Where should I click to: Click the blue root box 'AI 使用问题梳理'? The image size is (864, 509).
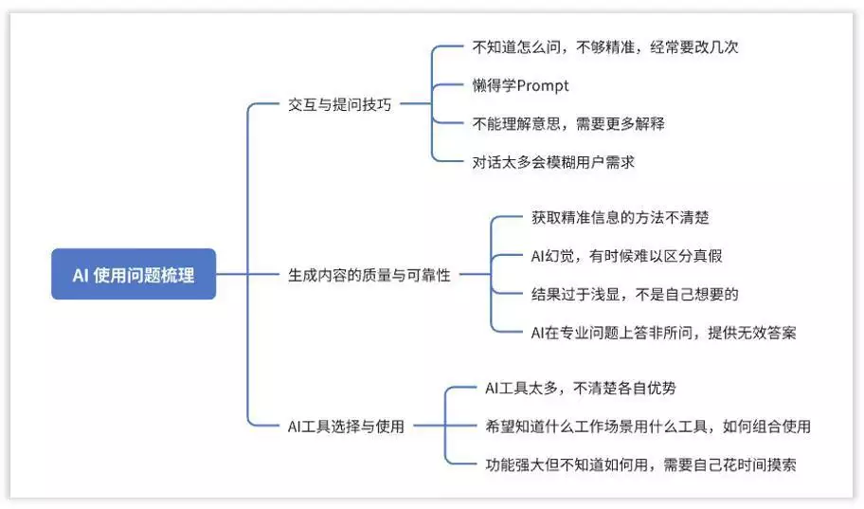click(x=134, y=274)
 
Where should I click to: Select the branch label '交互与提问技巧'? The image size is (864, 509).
click(x=339, y=104)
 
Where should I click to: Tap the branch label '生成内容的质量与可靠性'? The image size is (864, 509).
click(x=369, y=275)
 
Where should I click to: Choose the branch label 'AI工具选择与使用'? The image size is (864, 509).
click(x=346, y=426)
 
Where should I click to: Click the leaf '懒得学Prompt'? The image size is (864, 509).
click(x=521, y=85)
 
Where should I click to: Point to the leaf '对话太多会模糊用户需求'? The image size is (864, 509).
click(x=553, y=162)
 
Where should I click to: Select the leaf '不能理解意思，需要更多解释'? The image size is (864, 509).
click(x=568, y=123)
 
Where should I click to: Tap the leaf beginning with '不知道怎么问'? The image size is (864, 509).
click(x=605, y=46)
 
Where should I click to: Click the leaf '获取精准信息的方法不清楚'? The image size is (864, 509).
click(x=620, y=217)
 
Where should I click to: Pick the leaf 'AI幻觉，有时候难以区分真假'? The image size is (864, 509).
click(x=626, y=256)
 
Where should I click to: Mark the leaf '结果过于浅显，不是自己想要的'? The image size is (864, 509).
click(x=635, y=294)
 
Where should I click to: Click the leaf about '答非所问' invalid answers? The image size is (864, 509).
click(x=663, y=333)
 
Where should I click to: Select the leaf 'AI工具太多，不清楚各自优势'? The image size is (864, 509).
click(x=580, y=388)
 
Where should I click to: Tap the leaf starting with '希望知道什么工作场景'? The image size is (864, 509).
click(x=647, y=426)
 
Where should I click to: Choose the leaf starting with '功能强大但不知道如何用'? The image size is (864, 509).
click(x=640, y=464)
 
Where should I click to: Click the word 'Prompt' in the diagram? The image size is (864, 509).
click(x=543, y=86)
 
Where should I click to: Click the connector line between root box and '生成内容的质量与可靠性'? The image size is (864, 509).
click(x=247, y=274)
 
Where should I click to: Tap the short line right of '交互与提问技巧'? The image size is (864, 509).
click(x=416, y=103)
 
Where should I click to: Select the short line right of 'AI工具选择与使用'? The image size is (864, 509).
click(x=429, y=426)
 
